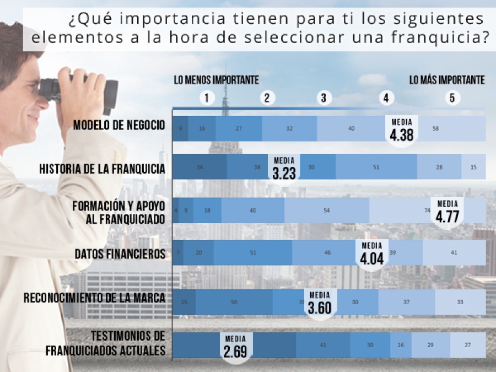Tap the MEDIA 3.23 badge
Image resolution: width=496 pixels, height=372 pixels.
pos(284,168)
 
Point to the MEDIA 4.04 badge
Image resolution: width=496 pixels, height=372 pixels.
pos(372,254)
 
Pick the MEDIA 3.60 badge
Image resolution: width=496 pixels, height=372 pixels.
pos(320,303)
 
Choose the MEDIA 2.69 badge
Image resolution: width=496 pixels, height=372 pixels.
pos(235,347)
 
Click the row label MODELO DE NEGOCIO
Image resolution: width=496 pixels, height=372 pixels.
pos(119,125)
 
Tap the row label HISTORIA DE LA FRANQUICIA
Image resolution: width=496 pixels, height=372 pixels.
pos(103,169)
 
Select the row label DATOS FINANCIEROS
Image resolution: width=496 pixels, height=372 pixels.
pos(120,254)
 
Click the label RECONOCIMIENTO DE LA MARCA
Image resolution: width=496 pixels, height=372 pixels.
pos(95,299)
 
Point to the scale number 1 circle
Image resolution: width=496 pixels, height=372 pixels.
pos(207,98)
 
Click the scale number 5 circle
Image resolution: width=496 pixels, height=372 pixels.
pos(452,98)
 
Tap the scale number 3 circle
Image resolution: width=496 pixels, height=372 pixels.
pos(324,98)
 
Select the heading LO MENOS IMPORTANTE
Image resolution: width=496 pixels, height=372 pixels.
pos(216,80)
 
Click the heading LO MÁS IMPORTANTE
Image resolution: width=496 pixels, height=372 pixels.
pos(447,80)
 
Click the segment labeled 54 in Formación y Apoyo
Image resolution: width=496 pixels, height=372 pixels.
pos(326,211)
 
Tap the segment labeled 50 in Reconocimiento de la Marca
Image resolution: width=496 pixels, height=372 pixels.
pos(234,302)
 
